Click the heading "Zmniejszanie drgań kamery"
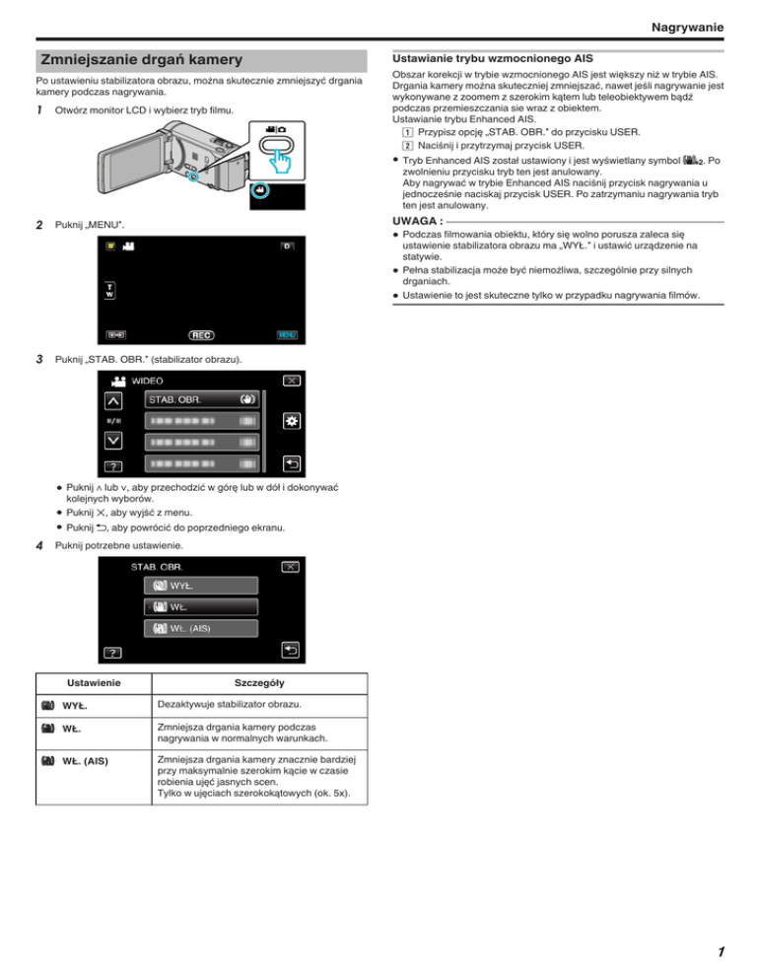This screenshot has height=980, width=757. pyautogui.click(x=141, y=60)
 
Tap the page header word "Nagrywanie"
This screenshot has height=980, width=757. pyautogui.click(x=687, y=27)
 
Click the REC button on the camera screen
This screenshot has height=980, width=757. pyautogui.click(x=201, y=335)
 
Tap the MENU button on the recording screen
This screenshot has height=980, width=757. pyautogui.click(x=287, y=335)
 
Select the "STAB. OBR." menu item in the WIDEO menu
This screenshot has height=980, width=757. pyautogui.click(x=202, y=399)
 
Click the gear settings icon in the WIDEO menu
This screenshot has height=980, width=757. pyautogui.click(x=292, y=421)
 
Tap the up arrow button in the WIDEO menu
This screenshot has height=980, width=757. pyautogui.click(x=113, y=400)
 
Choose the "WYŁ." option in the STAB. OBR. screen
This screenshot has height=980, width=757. pyautogui.click(x=201, y=586)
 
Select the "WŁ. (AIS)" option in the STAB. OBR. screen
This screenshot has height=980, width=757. pyautogui.click(x=201, y=628)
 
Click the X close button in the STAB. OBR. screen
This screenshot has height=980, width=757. pyautogui.click(x=290, y=567)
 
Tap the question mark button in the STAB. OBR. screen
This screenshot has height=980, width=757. pyautogui.click(x=112, y=653)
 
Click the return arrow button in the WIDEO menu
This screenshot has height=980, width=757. pyautogui.click(x=292, y=463)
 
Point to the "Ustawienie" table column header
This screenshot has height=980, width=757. pyautogui.click(x=94, y=682)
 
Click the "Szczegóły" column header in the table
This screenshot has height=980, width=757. pyautogui.click(x=259, y=682)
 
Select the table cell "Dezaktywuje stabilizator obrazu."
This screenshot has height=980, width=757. pyautogui.click(x=230, y=704)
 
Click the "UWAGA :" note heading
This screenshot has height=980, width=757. pyautogui.click(x=418, y=221)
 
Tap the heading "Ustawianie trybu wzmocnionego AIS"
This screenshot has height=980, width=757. pyautogui.click(x=493, y=58)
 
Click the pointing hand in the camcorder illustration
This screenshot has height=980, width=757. pyautogui.click(x=281, y=163)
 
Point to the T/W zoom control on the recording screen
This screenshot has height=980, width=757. pyautogui.click(x=110, y=290)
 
